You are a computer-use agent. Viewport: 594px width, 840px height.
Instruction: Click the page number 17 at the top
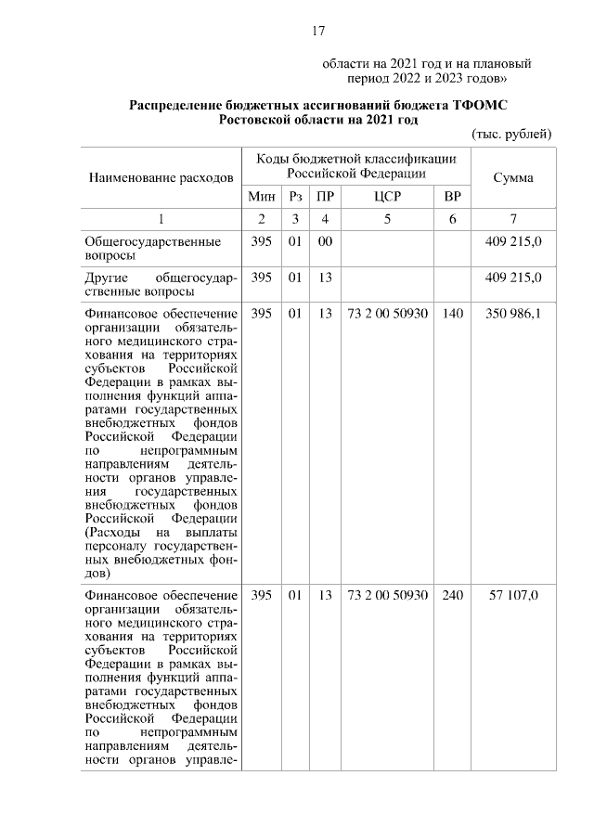(317, 32)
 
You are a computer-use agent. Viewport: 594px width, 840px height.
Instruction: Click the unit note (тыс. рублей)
(511, 134)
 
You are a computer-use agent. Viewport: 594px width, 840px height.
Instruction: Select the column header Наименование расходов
(161, 177)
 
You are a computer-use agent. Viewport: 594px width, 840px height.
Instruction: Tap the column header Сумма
(513, 177)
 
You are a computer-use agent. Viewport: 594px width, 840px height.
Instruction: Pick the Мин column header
(262, 198)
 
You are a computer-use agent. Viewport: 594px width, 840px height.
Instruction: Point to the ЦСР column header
(387, 198)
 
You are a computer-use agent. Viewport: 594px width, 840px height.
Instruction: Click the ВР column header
(452, 198)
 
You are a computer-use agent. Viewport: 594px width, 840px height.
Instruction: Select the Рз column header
(294, 198)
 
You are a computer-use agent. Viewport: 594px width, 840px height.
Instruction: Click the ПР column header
(325, 198)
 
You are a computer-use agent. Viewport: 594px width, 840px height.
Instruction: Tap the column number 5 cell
(387, 219)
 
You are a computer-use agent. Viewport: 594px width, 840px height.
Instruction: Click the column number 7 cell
(513, 219)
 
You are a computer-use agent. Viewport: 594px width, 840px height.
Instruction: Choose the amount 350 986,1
(513, 314)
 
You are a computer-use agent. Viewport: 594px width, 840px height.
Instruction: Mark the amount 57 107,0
(513, 594)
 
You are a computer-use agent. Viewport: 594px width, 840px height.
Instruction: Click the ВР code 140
(452, 314)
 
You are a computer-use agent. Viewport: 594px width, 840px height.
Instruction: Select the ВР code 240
(452, 594)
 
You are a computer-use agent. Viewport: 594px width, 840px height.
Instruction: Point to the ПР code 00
(325, 241)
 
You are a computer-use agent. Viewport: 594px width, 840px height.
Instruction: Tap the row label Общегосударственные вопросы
(153, 248)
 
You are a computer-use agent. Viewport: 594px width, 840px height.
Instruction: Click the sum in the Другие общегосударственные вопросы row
(513, 278)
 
